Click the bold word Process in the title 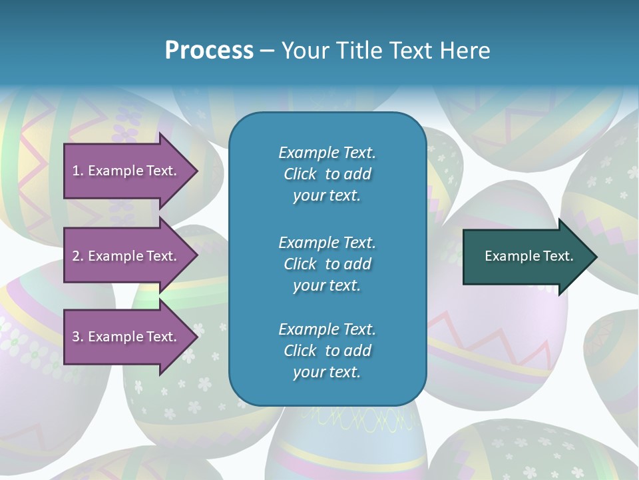209,51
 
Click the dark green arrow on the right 530,257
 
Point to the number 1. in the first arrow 78,171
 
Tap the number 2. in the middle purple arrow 79,256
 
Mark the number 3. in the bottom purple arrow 79,337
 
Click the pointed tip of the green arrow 597,257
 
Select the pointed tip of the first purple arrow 198,171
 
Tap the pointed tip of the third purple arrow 198,337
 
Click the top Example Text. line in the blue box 327,153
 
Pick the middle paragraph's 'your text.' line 327,286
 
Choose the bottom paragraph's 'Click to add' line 327,351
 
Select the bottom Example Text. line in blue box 327,329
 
